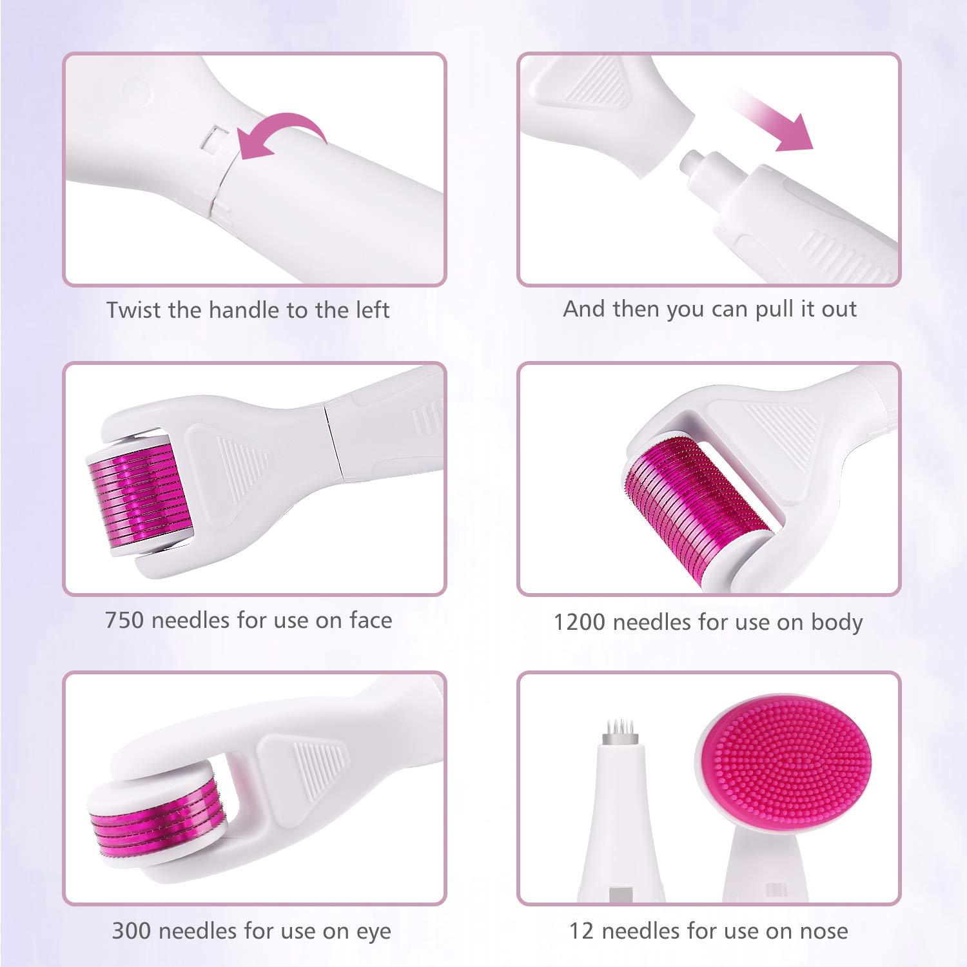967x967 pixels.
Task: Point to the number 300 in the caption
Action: pos(132,931)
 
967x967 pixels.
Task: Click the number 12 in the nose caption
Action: pos(580,931)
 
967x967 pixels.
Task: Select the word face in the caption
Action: pos(371,620)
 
